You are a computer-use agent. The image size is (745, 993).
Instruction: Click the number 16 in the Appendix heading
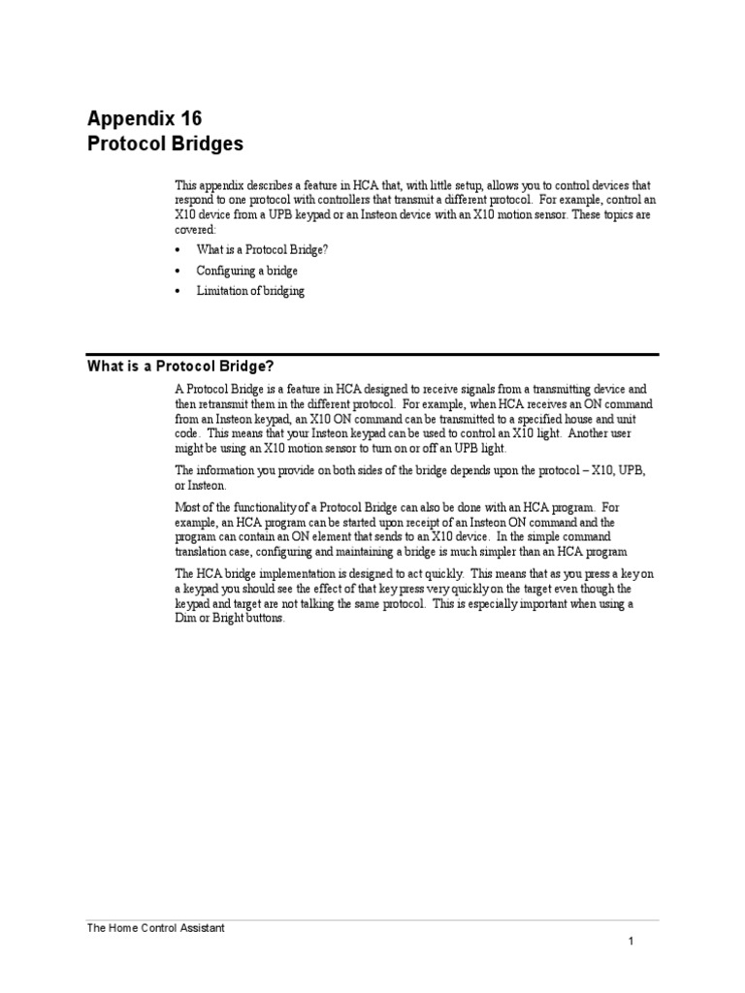pyautogui.click(x=188, y=119)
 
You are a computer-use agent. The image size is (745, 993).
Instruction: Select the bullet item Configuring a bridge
pyautogui.click(x=246, y=271)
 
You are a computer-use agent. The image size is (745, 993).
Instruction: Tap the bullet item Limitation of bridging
pyautogui.click(x=250, y=291)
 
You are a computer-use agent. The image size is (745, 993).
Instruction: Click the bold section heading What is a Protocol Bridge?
pyautogui.click(x=181, y=366)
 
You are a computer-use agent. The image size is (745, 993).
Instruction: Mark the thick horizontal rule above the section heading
pyautogui.click(x=372, y=354)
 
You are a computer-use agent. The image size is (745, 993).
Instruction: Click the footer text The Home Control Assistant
pyautogui.click(x=156, y=928)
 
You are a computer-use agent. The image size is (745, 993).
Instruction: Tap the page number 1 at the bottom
pyautogui.click(x=630, y=941)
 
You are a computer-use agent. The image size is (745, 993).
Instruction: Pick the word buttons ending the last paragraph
pyautogui.click(x=266, y=619)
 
